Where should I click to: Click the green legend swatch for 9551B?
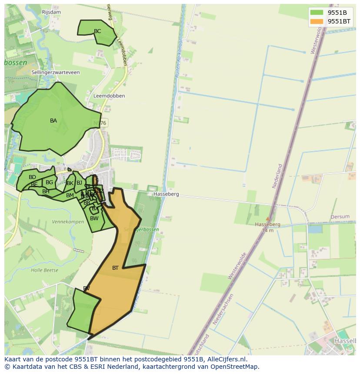(x=317, y=13)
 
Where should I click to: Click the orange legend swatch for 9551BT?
(x=317, y=21)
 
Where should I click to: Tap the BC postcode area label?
(x=97, y=31)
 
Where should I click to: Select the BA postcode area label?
(x=53, y=121)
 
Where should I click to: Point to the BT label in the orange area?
(x=115, y=268)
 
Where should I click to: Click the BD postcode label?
(x=32, y=177)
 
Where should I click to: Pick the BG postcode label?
(x=49, y=182)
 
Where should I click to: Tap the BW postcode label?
(x=94, y=218)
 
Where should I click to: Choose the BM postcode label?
(x=70, y=195)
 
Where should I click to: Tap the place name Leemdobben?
(x=109, y=96)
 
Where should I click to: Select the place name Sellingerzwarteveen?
(x=56, y=73)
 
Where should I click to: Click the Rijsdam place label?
(x=51, y=12)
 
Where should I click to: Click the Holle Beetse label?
(x=44, y=270)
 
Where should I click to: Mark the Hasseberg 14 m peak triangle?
(x=268, y=219)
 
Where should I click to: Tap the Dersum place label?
(x=340, y=217)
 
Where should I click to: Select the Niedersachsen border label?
(x=223, y=309)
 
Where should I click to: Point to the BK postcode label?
(x=70, y=183)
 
